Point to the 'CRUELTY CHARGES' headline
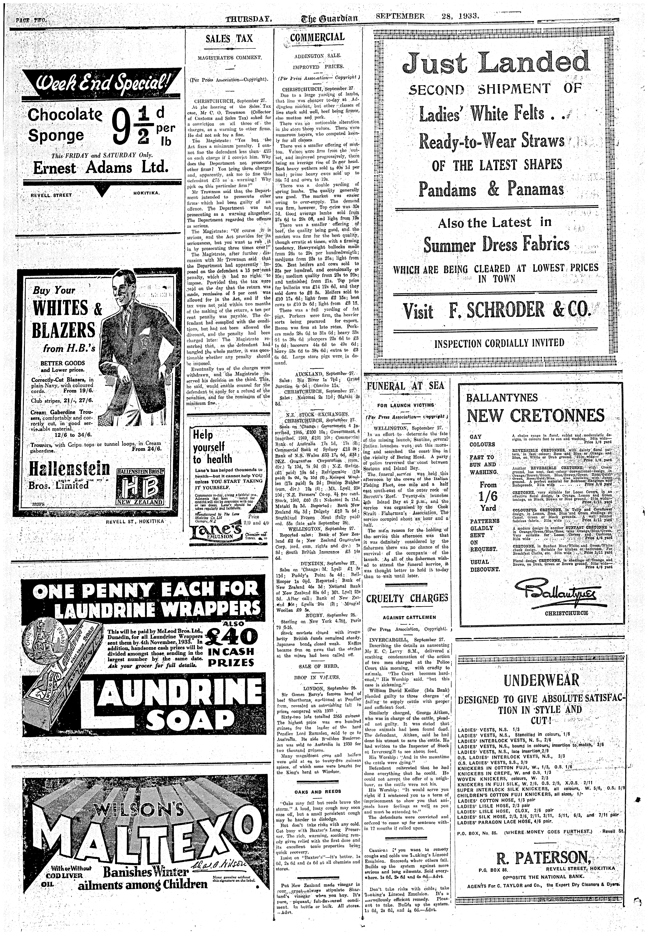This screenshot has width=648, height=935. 407,598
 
